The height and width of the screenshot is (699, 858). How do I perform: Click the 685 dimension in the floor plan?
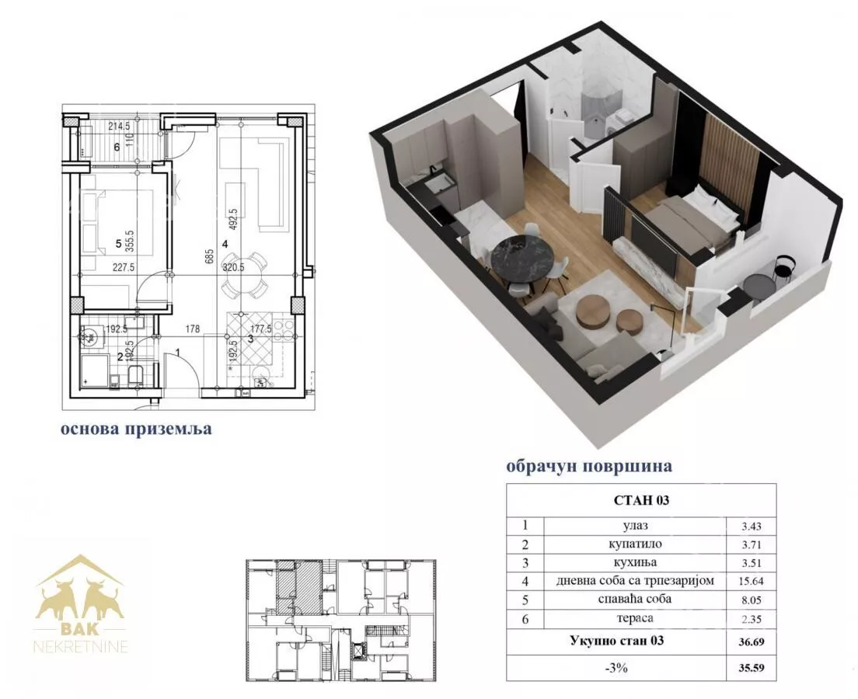[209, 258]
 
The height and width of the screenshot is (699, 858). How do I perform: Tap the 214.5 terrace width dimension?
[119, 127]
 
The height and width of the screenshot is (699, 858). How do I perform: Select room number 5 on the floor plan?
[118, 245]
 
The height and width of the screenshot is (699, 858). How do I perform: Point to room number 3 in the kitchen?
[250, 339]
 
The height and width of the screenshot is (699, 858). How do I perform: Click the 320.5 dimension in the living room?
[233, 267]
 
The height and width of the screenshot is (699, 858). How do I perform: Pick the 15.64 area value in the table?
[752, 582]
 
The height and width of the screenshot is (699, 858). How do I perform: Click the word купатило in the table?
[635, 544]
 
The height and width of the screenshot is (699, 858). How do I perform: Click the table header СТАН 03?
[641, 500]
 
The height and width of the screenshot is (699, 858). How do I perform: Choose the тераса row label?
[635, 618]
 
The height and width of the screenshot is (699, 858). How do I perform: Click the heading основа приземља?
[136, 428]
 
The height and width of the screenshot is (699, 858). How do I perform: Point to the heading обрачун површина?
[589, 466]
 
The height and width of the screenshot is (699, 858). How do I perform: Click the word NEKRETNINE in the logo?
[81, 647]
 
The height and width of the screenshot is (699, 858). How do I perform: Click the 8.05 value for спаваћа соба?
[752, 600]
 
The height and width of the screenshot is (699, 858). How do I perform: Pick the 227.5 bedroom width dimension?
[124, 267]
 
